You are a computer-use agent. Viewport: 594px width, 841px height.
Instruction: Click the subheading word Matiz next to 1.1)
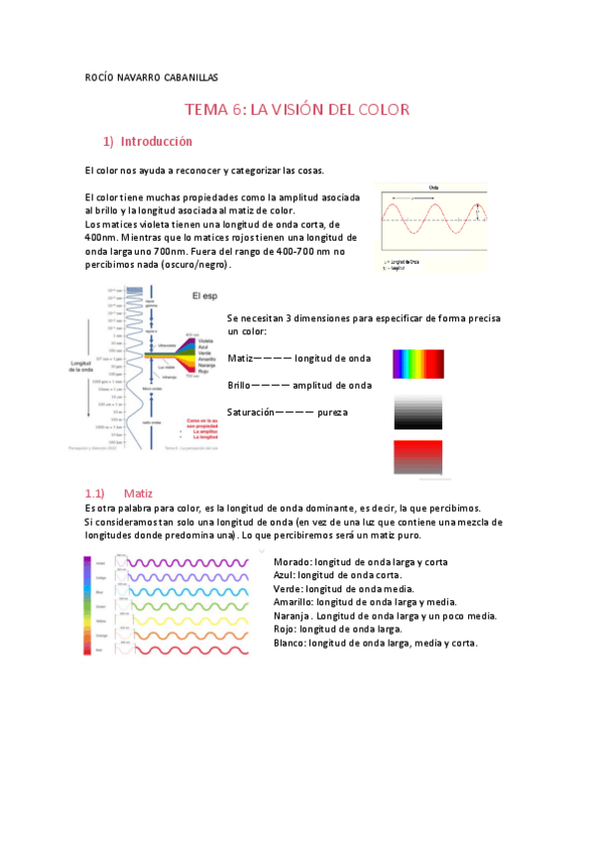(x=139, y=492)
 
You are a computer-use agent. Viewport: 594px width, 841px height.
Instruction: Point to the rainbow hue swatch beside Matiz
(x=418, y=364)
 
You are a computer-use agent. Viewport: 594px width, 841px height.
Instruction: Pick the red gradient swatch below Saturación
(x=418, y=456)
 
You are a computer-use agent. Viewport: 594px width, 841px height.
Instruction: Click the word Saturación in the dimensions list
(x=251, y=412)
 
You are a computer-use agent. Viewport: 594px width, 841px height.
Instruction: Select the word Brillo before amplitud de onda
(x=241, y=385)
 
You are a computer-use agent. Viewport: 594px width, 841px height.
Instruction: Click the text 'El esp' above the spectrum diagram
(x=204, y=296)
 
